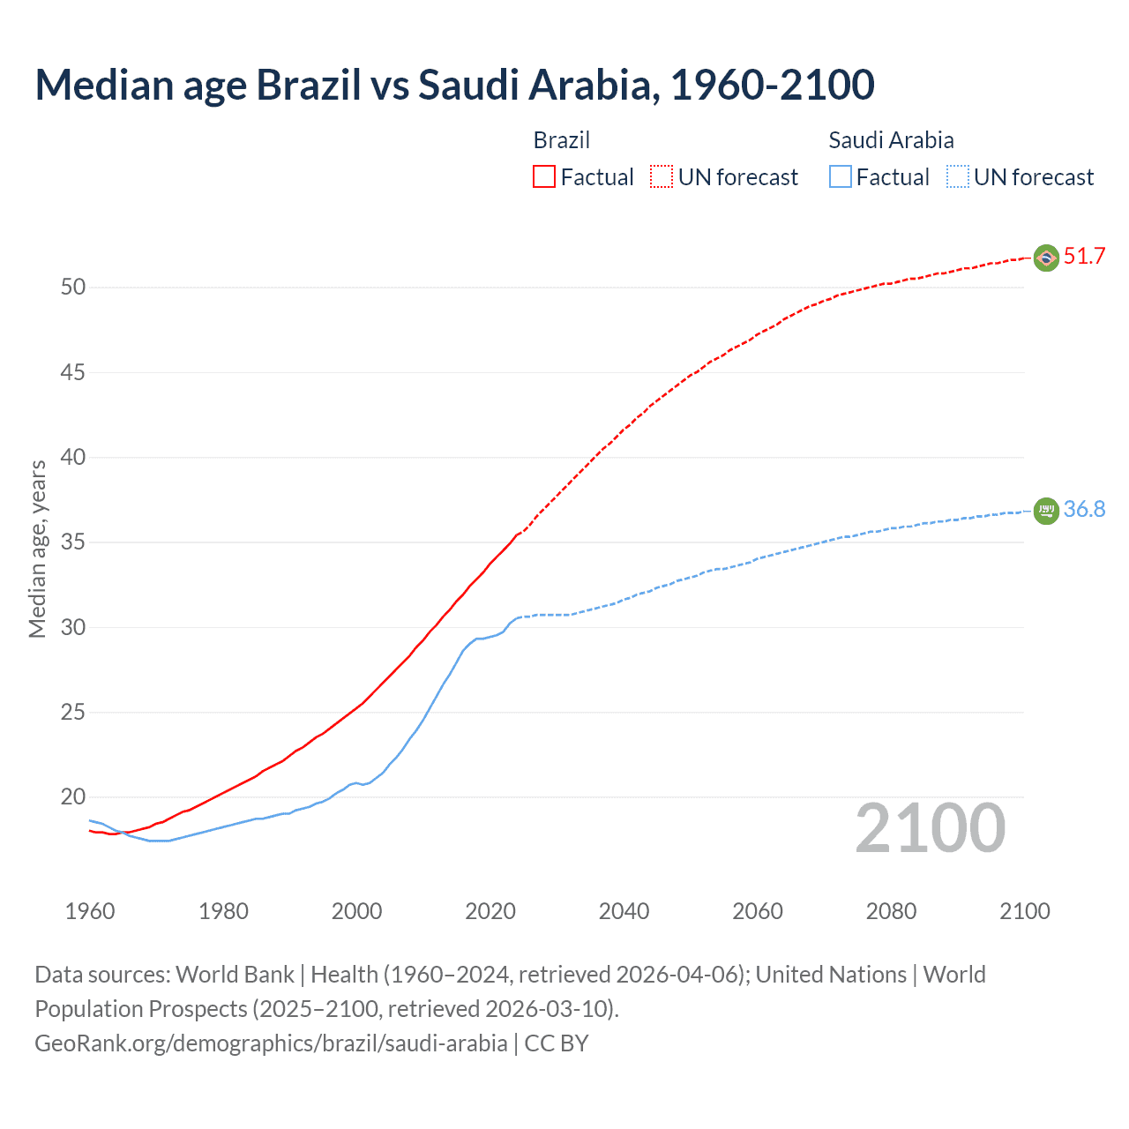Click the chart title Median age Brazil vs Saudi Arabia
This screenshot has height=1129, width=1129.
[454, 85]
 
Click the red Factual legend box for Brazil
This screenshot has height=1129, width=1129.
[544, 177]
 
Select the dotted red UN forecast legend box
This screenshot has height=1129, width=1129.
[662, 177]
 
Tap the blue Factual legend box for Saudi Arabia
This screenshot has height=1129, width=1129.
[841, 177]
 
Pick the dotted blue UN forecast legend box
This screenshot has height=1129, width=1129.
[958, 177]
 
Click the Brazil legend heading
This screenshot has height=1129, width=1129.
[561, 140]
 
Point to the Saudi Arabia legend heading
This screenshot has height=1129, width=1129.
[891, 140]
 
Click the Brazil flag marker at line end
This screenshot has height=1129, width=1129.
[1046, 258]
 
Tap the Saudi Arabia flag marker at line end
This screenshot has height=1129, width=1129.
[1046, 511]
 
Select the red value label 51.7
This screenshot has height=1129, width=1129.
[1084, 257]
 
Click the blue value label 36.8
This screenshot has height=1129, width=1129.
[1084, 510]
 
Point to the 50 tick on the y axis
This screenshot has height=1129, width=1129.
[73, 288]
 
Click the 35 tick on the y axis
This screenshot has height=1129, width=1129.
[73, 542]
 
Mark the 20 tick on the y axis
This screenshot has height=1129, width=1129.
[73, 797]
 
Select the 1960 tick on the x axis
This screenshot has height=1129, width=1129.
[90, 911]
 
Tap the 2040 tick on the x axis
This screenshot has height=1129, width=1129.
[624, 911]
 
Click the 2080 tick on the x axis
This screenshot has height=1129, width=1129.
[891, 911]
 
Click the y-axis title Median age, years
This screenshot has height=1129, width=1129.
[37, 549]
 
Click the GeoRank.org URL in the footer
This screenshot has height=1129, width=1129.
[271, 1043]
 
